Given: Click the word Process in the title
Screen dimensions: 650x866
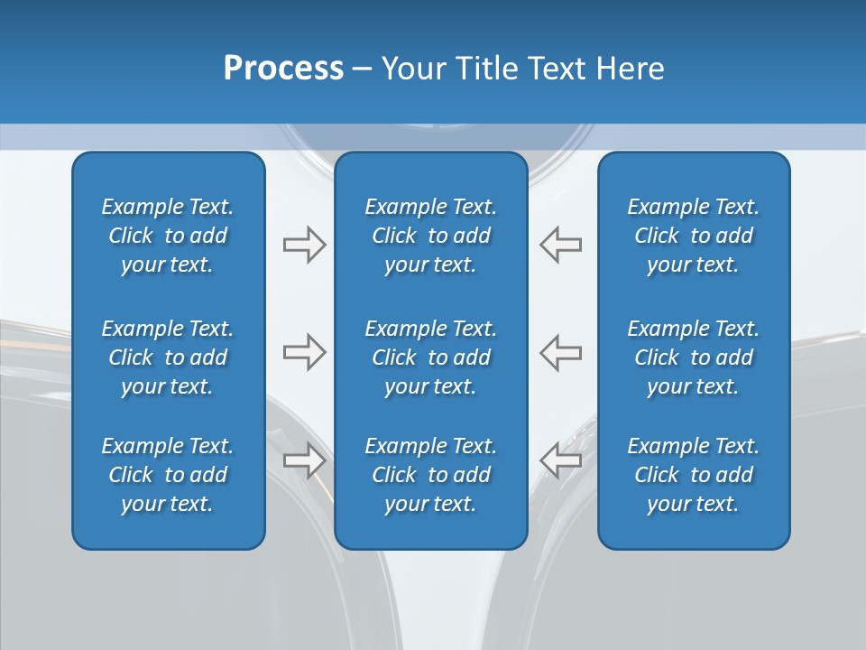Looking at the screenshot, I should [x=283, y=69].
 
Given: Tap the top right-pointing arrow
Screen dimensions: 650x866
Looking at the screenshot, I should [x=304, y=245].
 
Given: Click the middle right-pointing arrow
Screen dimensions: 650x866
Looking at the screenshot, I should [x=304, y=352].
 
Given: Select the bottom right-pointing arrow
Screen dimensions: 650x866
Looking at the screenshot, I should [x=304, y=460].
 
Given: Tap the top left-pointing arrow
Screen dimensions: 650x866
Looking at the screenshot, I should [x=560, y=245].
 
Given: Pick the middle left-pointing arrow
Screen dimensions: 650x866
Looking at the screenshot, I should [x=560, y=352].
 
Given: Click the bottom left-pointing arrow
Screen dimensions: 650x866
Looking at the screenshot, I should [x=560, y=460].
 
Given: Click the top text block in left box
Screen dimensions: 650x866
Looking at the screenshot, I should [x=168, y=236].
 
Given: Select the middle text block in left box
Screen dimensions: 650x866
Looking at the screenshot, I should [x=168, y=357].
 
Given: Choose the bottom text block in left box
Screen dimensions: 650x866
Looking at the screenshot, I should [x=168, y=475].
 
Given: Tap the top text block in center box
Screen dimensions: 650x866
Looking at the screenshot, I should [x=430, y=236].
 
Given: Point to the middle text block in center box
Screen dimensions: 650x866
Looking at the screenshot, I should [x=430, y=357].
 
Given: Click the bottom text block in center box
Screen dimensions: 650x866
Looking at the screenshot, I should [x=430, y=475].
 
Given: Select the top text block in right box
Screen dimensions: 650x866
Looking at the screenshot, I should [x=693, y=236].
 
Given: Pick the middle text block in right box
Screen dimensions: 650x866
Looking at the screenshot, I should [x=693, y=357].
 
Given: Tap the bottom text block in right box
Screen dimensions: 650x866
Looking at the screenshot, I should [x=693, y=475].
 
